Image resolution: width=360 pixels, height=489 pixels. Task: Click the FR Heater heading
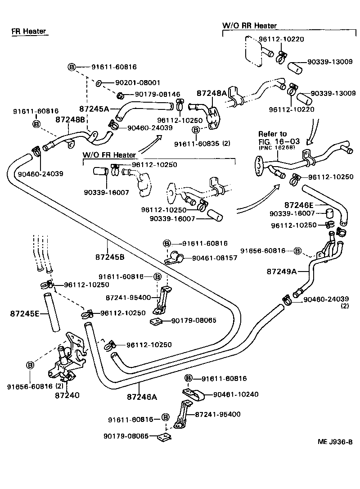(x=29, y=31)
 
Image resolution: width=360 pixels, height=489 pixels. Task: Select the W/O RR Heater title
(x=250, y=26)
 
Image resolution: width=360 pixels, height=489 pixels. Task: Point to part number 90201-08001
(x=138, y=83)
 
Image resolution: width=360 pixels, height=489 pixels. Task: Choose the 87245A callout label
(x=94, y=109)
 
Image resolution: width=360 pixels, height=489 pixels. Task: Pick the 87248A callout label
(x=211, y=93)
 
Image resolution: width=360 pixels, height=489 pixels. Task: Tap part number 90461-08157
(x=214, y=258)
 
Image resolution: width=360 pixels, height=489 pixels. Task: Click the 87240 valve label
(x=67, y=395)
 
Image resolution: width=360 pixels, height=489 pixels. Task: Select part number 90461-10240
(x=236, y=394)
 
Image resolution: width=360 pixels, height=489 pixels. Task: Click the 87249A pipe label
(x=282, y=271)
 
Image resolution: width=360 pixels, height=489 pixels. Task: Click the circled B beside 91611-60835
(x=196, y=130)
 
